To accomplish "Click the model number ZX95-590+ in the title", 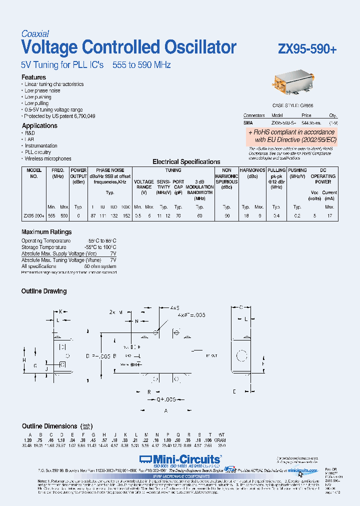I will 307,49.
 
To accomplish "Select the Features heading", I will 33,77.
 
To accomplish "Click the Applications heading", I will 39,125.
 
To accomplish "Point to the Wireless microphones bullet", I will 48,158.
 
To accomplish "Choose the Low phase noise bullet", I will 42,90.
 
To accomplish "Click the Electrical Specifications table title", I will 186,162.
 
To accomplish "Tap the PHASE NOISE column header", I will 110,170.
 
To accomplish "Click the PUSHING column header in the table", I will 297,170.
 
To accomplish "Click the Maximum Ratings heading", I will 46,232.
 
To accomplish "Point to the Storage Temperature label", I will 43,247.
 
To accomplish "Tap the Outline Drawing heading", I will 44,291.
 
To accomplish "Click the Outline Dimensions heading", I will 50,426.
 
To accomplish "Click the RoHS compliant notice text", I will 291,136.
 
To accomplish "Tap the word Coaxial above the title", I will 35,34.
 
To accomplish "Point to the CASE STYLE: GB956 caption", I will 292,106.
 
